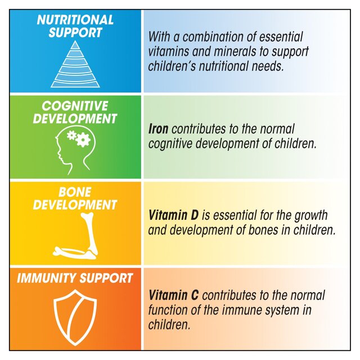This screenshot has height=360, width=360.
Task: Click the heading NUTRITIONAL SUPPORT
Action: coord(75,26)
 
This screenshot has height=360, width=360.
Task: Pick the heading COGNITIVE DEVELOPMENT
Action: coord(75,112)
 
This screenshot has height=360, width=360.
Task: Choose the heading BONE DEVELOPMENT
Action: coord(75,199)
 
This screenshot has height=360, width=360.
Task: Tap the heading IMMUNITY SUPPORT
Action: coord(75,278)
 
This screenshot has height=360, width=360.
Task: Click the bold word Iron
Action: coord(159,129)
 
